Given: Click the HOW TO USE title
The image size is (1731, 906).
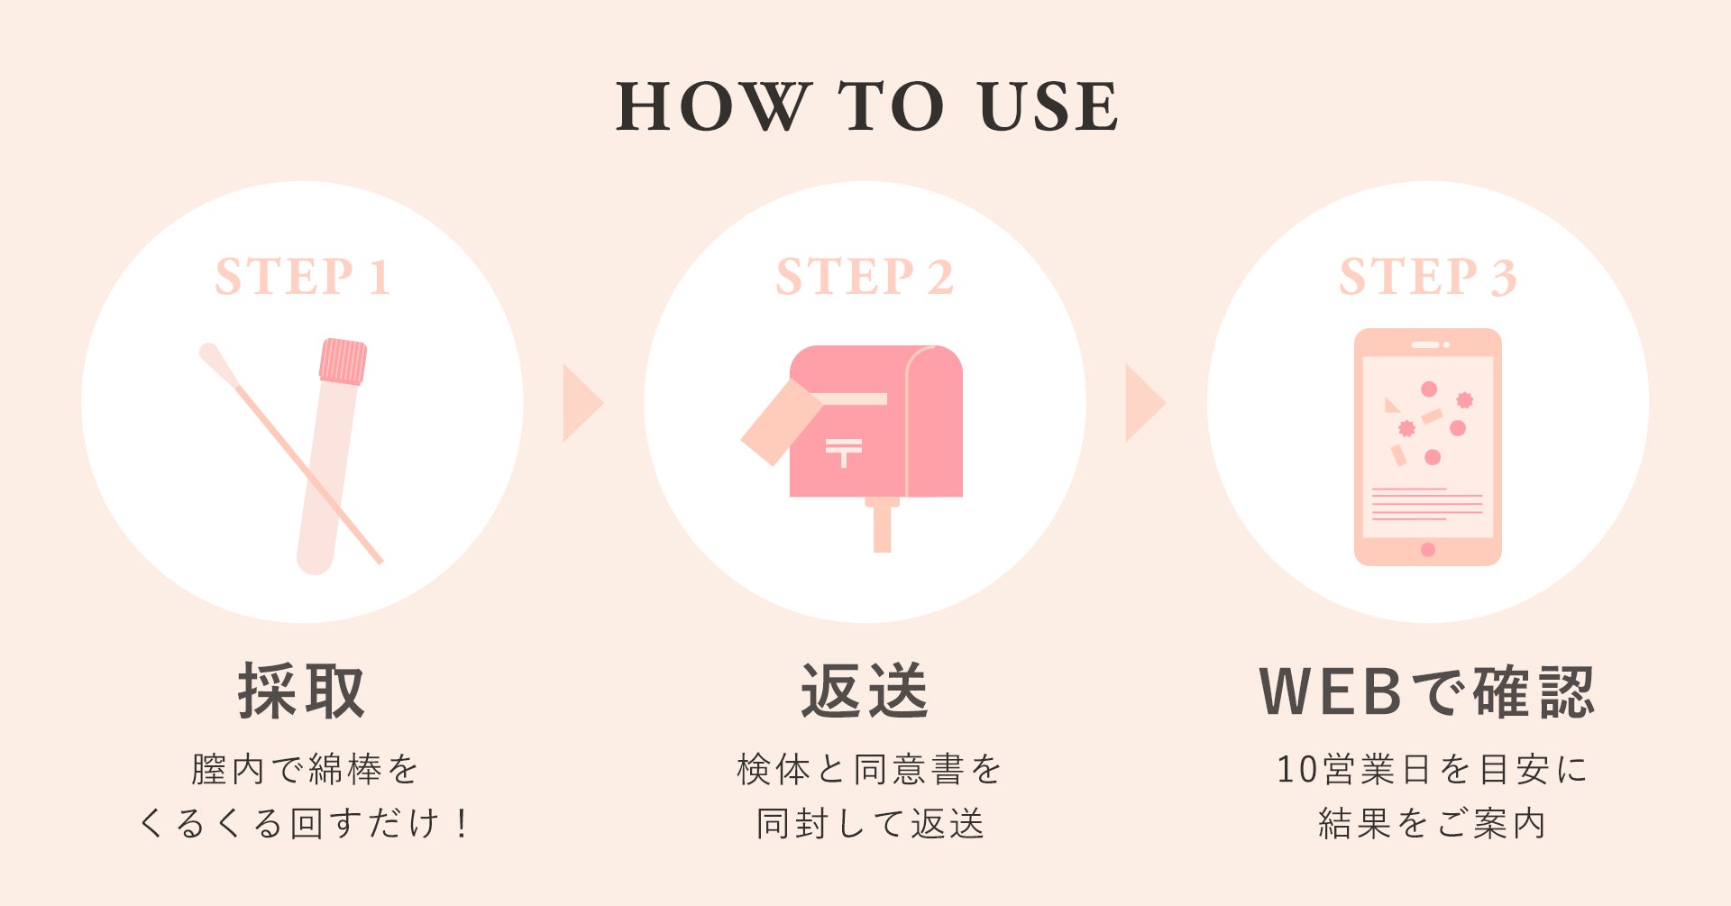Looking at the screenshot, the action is [x=866, y=106].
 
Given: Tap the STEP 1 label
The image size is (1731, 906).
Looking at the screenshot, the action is [x=303, y=277].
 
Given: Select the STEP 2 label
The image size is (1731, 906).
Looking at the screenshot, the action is [x=865, y=277].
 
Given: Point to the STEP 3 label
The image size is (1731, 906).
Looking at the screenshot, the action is [x=1428, y=277].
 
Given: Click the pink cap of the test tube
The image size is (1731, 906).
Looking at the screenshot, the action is [x=343, y=361].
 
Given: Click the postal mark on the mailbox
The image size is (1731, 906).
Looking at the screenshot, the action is [x=844, y=452].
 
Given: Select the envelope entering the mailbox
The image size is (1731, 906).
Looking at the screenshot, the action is [x=781, y=422].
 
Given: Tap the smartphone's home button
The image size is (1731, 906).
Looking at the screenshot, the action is [x=1428, y=550].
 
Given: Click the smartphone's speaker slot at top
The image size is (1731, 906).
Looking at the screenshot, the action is [x=1425, y=344].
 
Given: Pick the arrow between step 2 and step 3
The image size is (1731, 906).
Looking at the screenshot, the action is [x=1146, y=403].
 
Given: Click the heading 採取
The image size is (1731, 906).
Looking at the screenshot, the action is [x=302, y=691].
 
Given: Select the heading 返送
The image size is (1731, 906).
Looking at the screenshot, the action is [x=865, y=691].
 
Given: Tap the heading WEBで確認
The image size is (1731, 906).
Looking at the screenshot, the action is [x=1427, y=691].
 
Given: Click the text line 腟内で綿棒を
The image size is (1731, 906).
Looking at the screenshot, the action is [x=305, y=770].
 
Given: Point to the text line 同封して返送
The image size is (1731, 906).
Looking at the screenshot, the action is [x=869, y=824].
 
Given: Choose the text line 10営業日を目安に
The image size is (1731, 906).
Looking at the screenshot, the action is [x=1432, y=770].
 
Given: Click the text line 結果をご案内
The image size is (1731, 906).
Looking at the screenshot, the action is [x=1432, y=824].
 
